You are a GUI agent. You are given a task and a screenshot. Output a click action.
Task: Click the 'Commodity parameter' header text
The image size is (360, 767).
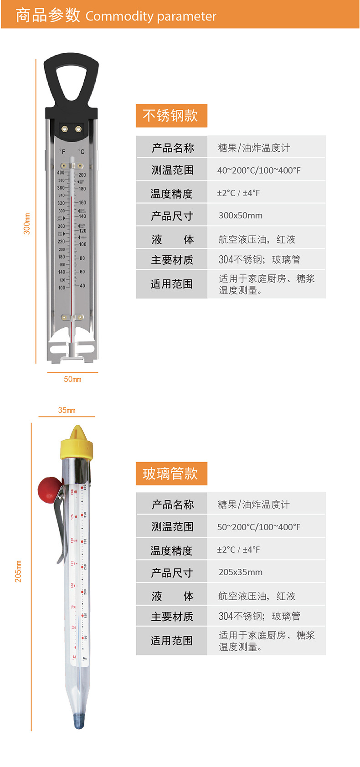pyautogui.click(x=150, y=16)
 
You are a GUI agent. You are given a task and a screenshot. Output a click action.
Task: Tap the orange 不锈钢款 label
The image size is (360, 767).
pyautogui.click(x=171, y=115)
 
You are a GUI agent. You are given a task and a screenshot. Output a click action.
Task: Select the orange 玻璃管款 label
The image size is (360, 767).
pyautogui.click(x=171, y=474)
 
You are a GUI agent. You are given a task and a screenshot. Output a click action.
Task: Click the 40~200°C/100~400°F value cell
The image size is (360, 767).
pyautogui.click(x=259, y=170)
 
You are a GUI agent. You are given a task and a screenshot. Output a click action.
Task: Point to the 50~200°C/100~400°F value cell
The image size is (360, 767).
pyautogui.click(x=259, y=527)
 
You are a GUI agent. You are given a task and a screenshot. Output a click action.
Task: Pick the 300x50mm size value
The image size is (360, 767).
pyautogui.click(x=241, y=216)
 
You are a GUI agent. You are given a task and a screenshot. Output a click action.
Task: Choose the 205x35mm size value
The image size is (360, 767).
pyautogui.click(x=241, y=572)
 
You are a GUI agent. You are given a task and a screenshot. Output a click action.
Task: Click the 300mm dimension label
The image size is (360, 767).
pyautogui.click(x=27, y=224)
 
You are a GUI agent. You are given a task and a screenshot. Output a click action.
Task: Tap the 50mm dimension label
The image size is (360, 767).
pyautogui.click(x=72, y=379)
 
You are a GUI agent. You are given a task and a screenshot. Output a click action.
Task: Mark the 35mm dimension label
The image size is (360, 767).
pyautogui.click(x=67, y=410)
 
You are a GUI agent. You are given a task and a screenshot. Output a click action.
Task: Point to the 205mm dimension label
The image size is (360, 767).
pyautogui.click(x=18, y=571)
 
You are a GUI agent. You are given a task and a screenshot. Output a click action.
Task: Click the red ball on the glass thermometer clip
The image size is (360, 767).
pyautogui.click(x=48, y=488)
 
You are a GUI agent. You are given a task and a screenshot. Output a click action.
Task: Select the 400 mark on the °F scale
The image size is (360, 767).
pyautogui.click(x=61, y=173)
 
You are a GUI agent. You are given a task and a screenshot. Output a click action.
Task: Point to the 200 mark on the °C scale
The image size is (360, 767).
pyautogui.click(x=82, y=175)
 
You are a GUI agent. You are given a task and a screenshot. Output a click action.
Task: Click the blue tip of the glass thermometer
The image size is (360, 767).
pyautogui.click(x=79, y=721)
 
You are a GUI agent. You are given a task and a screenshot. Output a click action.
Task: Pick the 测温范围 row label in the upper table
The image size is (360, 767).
pyautogui.click(x=172, y=170)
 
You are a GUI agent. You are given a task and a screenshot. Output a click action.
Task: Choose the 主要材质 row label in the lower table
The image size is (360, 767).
pyautogui.click(x=172, y=617)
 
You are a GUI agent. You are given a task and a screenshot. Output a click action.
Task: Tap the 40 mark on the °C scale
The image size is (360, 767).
pyautogui.click(x=82, y=286)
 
